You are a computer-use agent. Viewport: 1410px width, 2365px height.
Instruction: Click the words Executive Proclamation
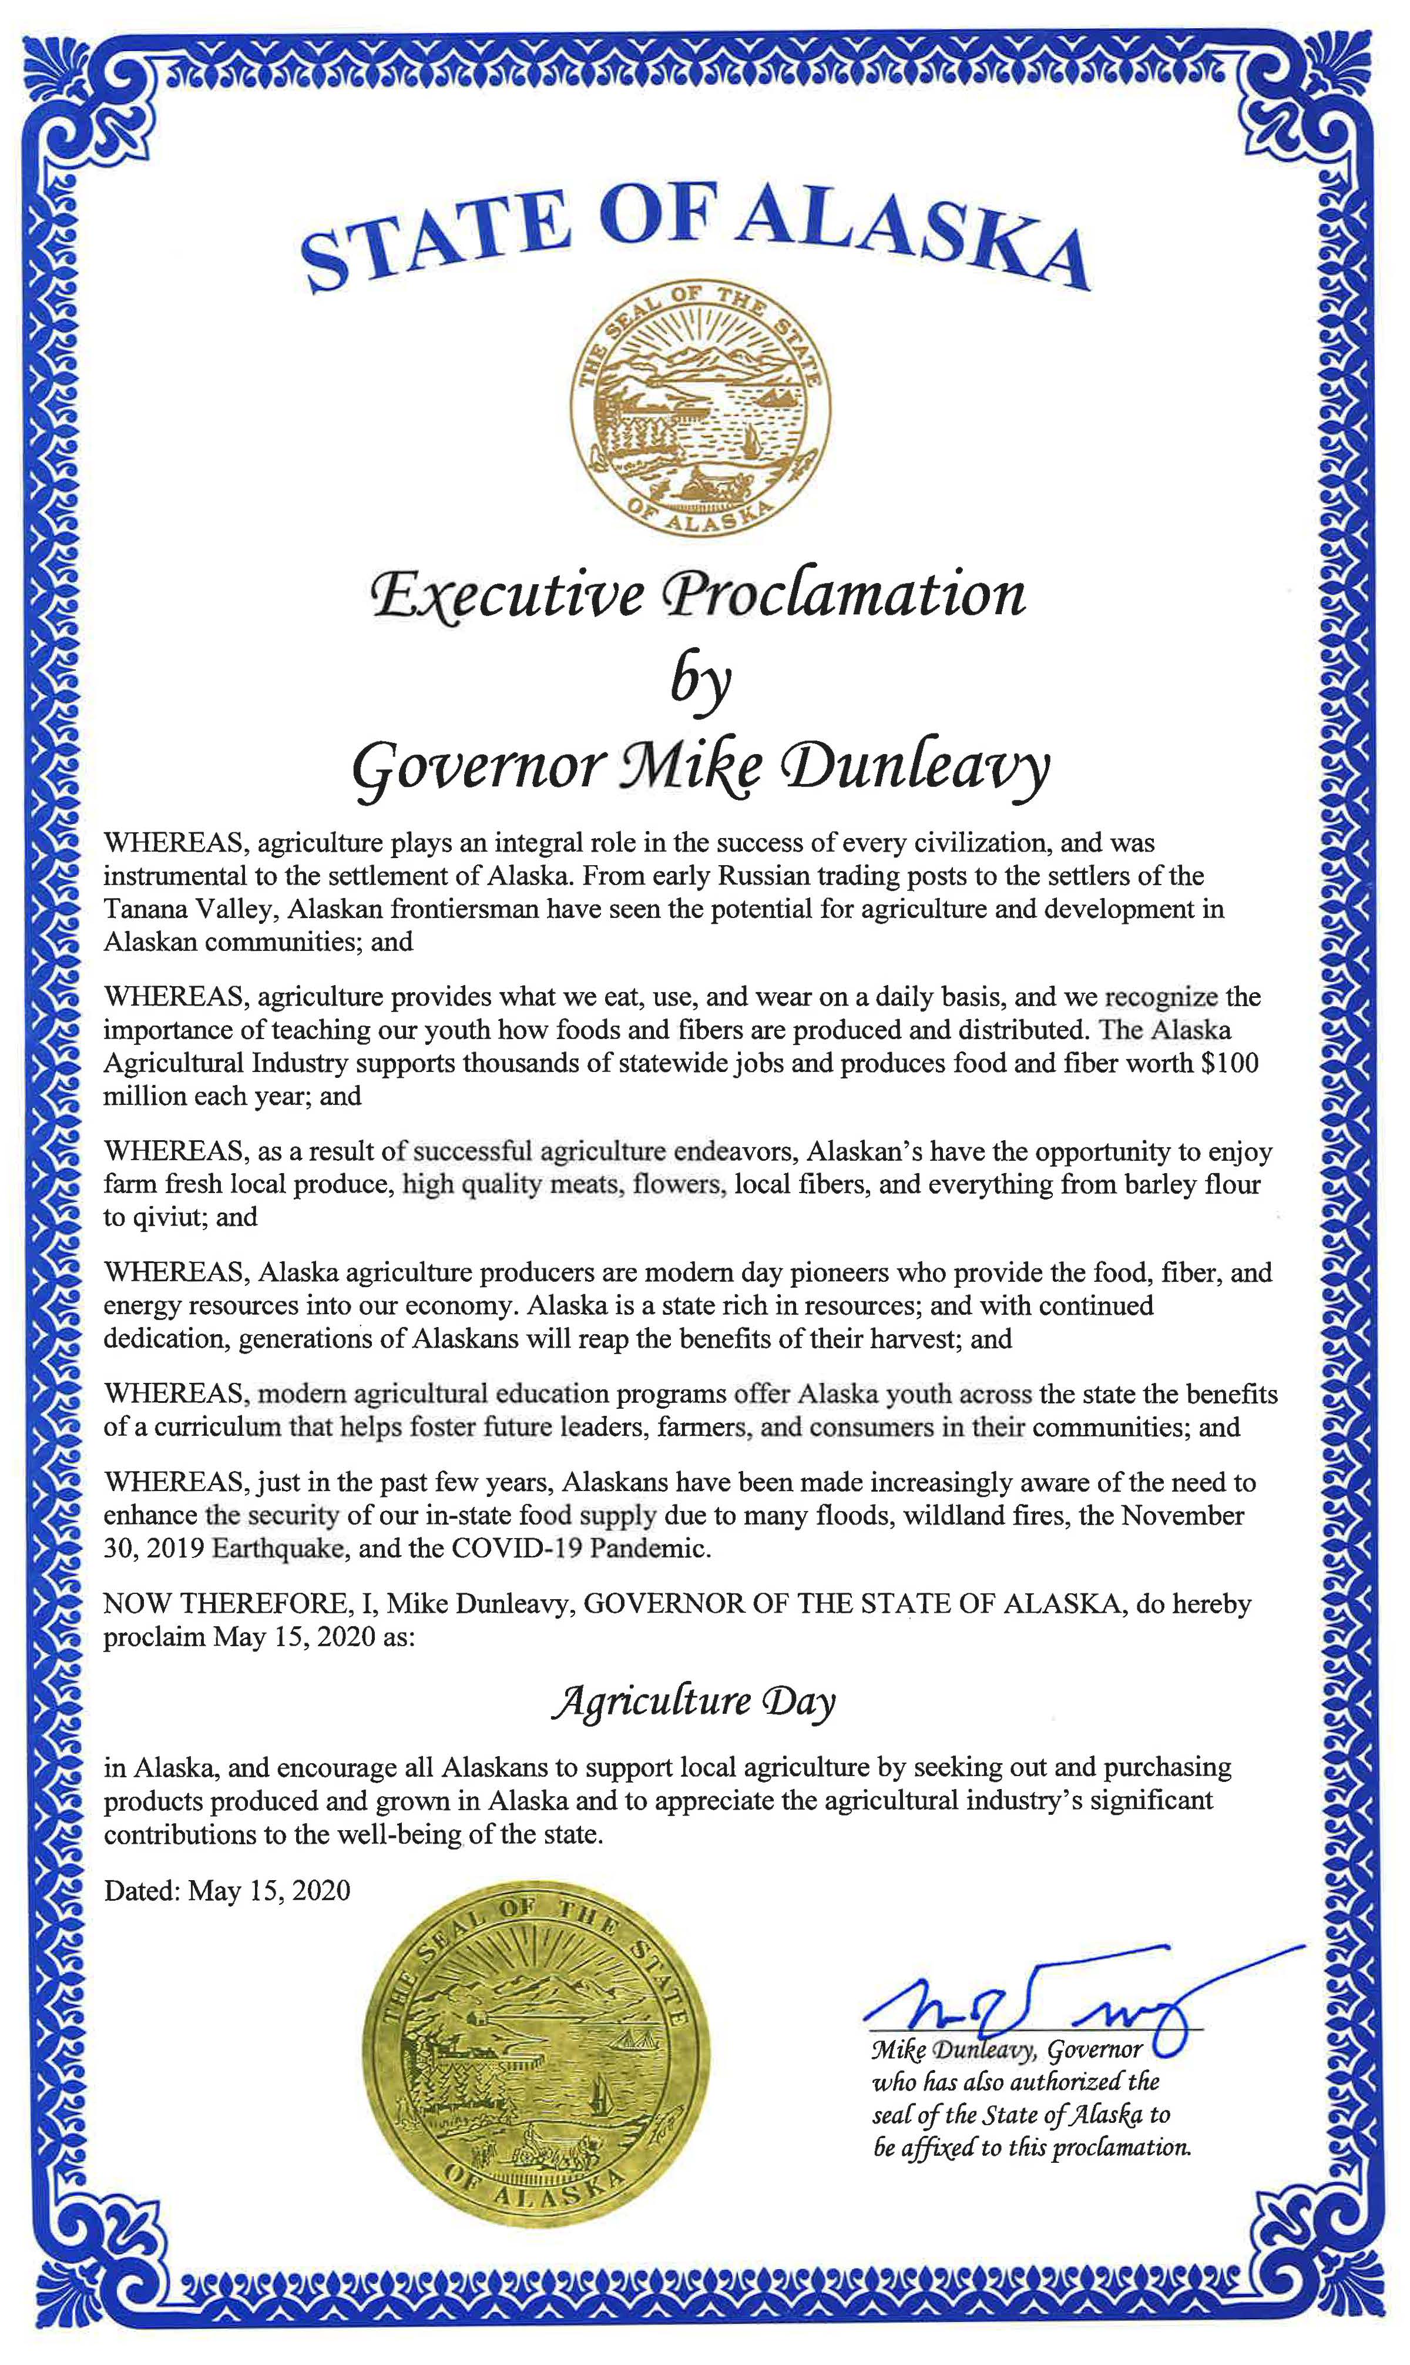coord(699,597)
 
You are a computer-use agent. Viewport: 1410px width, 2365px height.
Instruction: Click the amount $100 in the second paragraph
coord(1230,1063)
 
